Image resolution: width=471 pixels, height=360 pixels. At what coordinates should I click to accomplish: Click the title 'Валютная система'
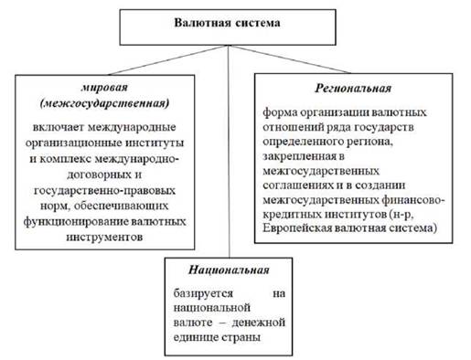[x=227, y=23]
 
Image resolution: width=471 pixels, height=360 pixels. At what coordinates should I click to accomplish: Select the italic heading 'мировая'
[x=104, y=88]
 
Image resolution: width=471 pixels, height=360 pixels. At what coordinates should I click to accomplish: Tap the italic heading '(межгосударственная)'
[x=104, y=103]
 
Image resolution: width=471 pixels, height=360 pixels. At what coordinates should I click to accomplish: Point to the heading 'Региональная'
[x=353, y=89]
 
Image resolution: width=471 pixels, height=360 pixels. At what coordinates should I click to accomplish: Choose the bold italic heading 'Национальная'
[x=229, y=270]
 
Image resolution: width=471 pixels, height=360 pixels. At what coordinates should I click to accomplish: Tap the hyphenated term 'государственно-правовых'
[x=104, y=190]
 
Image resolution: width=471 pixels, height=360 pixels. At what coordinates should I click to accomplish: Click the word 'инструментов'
[x=104, y=237]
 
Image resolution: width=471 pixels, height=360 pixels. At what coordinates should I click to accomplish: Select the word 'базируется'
[x=203, y=293]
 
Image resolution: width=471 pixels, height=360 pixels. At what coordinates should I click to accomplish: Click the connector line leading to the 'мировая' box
[x=168, y=59]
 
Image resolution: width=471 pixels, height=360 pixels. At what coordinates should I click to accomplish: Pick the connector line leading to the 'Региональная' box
[x=289, y=59]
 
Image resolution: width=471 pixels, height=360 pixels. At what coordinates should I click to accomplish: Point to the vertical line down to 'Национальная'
[x=229, y=152]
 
